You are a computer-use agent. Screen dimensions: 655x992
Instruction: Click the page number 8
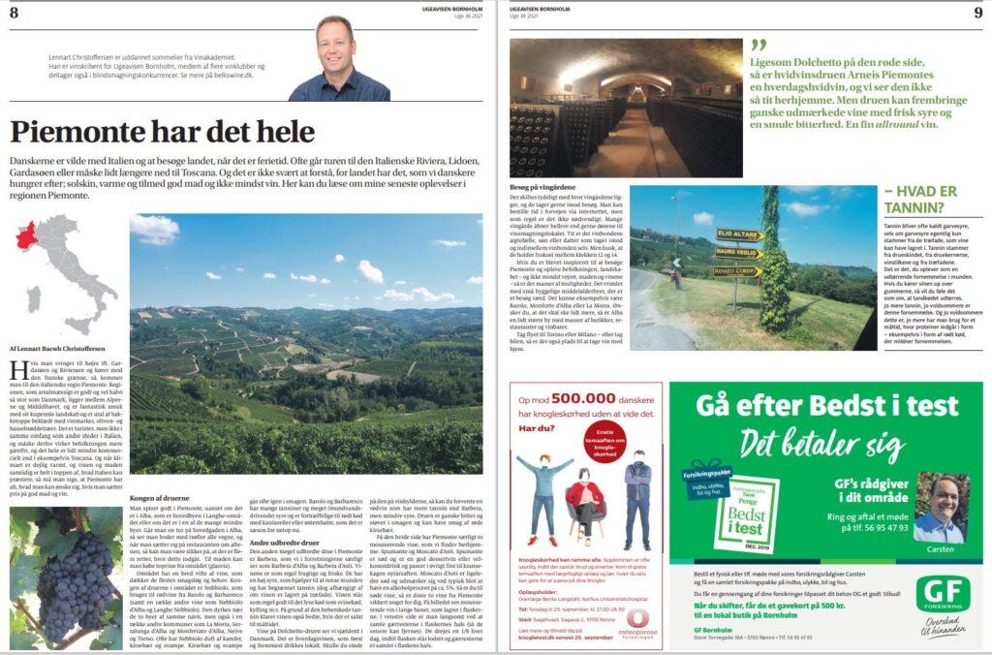coord(14,11)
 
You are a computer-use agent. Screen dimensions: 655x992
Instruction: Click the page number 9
coord(976,11)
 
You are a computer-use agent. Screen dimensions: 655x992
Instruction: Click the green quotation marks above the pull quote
coord(758,45)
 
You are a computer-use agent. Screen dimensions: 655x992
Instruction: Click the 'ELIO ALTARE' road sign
coord(739,234)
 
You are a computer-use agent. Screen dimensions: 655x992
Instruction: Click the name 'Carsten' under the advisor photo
coord(938,548)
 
